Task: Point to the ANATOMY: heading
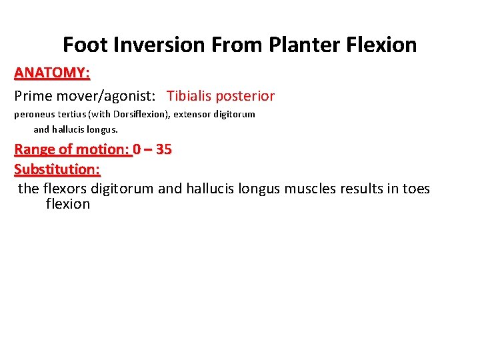52,72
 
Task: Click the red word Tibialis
192,96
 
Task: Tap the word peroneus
33,115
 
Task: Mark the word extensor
193,115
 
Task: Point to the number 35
163,149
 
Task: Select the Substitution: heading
57,169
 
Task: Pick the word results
361,189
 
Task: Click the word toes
416,189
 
